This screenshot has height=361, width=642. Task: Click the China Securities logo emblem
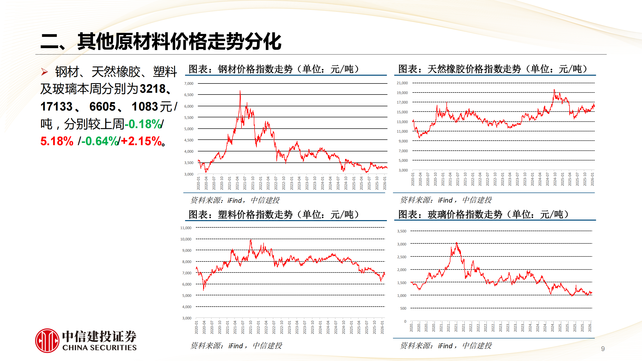coord(47,340)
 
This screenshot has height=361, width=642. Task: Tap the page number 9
coord(603,349)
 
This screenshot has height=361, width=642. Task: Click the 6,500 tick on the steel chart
coord(189,95)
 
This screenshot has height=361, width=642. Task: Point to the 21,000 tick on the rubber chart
coord(402,83)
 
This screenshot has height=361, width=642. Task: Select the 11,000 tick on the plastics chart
coord(186,228)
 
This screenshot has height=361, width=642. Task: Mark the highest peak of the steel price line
coord(240,91)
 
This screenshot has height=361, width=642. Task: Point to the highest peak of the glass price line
coord(456,243)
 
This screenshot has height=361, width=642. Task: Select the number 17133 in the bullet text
coord(56,107)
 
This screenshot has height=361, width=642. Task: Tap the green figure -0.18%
coord(143,124)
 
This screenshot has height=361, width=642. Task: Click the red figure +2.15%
coord(142,141)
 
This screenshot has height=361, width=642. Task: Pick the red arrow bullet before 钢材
coord(44,72)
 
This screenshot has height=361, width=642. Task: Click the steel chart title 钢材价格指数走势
coord(255,69)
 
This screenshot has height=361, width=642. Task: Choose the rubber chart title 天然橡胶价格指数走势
coord(474,69)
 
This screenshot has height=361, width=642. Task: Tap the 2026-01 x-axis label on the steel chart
coord(384,183)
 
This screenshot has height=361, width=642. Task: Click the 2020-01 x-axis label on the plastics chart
coord(196,327)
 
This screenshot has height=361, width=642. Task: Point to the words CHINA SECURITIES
coord(99,348)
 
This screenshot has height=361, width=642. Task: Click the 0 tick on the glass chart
coord(405,321)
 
